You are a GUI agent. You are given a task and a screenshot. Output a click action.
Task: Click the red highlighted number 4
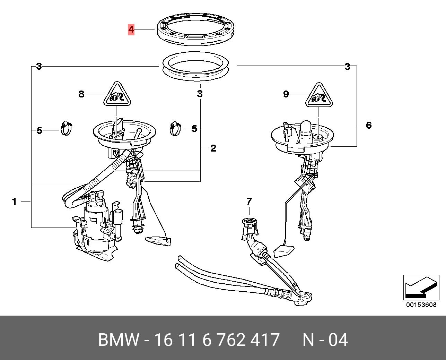(131, 29)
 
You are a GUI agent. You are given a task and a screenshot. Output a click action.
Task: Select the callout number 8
(81, 94)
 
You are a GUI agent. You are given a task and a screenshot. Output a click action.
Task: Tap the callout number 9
(286, 94)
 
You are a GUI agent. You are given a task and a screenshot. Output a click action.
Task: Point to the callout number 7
(249, 201)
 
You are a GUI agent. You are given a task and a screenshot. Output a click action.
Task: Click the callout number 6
(369, 125)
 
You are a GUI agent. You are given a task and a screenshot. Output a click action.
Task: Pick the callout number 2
(213, 148)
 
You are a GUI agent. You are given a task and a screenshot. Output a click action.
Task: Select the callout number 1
(14, 202)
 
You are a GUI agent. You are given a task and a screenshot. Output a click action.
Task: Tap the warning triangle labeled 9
(318, 96)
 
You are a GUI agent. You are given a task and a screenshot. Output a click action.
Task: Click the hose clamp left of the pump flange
(66, 128)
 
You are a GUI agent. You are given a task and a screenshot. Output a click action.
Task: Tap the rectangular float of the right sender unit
(284, 251)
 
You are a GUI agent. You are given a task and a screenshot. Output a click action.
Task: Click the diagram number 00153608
(421, 305)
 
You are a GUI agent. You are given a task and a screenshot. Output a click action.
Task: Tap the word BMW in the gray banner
(119, 340)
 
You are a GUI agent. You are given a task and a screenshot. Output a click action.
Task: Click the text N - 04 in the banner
(325, 340)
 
